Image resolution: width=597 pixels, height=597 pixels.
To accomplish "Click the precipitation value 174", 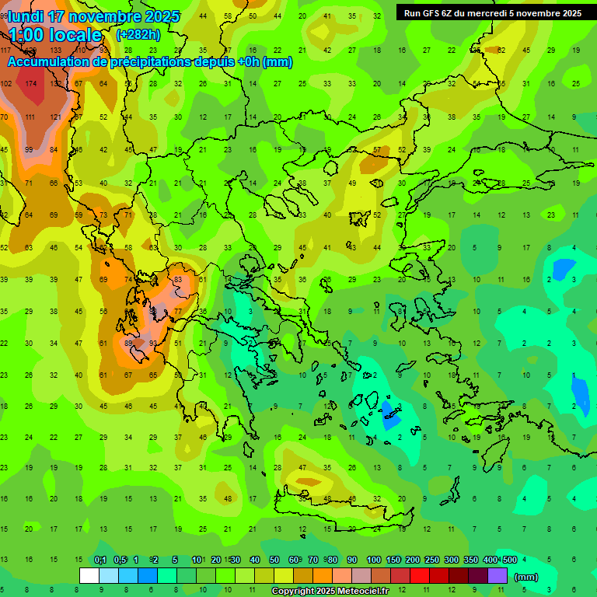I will (x=31, y=83).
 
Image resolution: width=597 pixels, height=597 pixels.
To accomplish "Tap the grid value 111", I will (x=30, y=117).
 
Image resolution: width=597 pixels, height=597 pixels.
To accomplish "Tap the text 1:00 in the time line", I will (x=25, y=35).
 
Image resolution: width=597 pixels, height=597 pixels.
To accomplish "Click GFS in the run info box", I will (x=430, y=13).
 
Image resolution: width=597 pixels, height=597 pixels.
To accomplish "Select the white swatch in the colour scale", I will (x=89, y=576).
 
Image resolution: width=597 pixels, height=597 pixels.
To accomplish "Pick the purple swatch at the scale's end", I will (x=497, y=576).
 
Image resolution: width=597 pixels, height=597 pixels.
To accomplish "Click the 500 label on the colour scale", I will (x=509, y=560).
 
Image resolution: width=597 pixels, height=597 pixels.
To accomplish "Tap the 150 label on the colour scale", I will (x=393, y=560).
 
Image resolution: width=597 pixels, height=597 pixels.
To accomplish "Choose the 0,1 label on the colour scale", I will (x=99, y=560).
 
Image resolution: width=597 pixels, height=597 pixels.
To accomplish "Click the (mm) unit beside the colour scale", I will (x=525, y=577).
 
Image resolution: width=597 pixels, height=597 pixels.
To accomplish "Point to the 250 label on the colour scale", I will (x=431, y=560).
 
